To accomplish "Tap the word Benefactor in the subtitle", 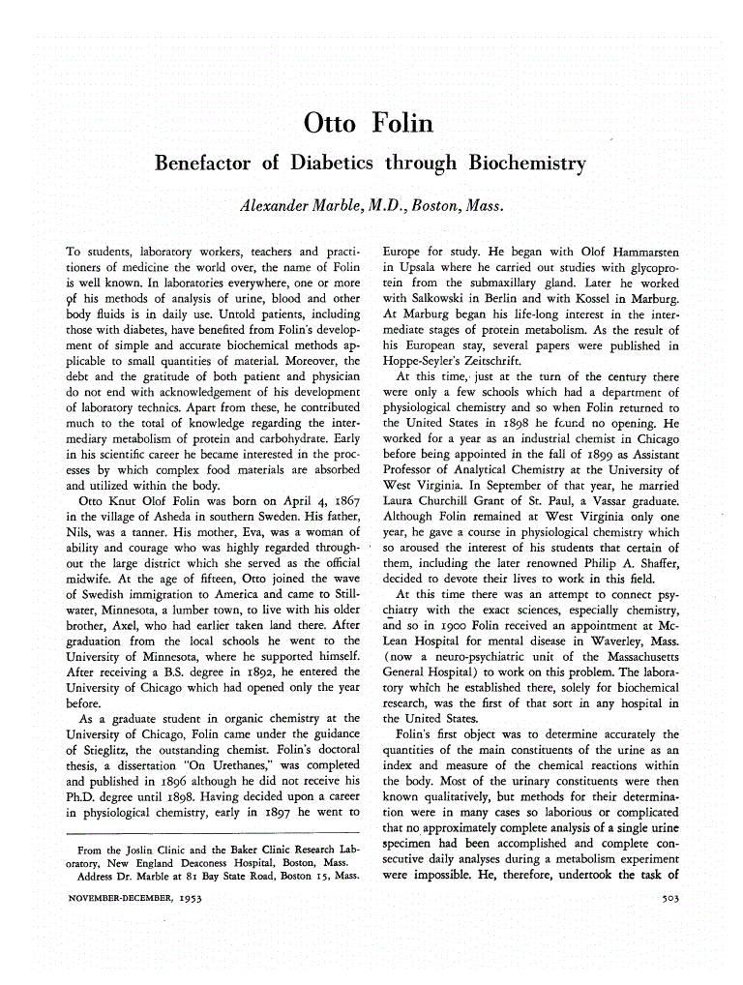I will (206, 163).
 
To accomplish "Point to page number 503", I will (667, 899).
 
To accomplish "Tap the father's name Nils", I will (78, 531).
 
